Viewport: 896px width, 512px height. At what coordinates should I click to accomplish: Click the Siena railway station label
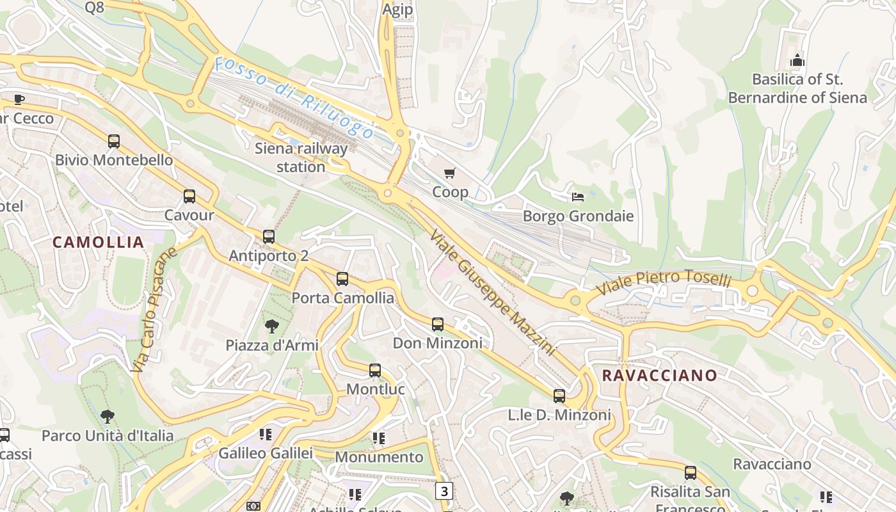pyautogui.click(x=301, y=157)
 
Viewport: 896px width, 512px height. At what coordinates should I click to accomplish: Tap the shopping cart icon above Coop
pyautogui.click(x=450, y=173)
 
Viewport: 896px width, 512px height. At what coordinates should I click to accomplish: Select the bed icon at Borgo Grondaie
pyautogui.click(x=578, y=196)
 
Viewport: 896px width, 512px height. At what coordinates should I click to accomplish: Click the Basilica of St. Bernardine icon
pyautogui.click(x=797, y=61)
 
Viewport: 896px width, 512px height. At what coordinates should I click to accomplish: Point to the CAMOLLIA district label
pyautogui.click(x=98, y=243)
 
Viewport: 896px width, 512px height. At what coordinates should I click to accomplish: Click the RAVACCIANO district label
pyautogui.click(x=660, y=376)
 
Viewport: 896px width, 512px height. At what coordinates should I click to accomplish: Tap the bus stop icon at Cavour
pyautogui.click(x=189, y=196)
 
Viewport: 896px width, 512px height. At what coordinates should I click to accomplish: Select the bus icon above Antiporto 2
pyautogui.click(x=269, y=237)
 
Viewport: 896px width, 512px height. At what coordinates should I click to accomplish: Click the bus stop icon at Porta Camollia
pyautogui.click(x=342, y=279)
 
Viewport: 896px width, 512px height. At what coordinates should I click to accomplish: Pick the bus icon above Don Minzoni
pyautogui.click(x=438, y=324)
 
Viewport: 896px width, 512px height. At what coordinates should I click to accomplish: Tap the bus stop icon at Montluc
pyautogui.click(x=375, y=371)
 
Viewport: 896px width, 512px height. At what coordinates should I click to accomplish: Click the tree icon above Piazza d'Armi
pyautogui.click(x=272, y=326)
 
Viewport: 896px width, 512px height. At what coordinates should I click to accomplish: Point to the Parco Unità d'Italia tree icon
pyautogui.click(x=108, y=417)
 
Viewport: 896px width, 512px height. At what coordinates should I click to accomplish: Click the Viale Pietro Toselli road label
pyautogui.click(x=663, y=282)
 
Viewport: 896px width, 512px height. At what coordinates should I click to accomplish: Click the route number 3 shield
pyautogui.click(x=444, y=491)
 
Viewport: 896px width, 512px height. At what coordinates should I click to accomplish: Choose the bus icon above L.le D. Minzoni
pyautogui.click(x=559, y=396)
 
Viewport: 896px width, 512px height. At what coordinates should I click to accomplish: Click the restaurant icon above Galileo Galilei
pyautogui.click(x=266, y=435)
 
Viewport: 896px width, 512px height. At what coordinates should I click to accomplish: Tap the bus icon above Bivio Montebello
pyautogui.click(x=114, y=141)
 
